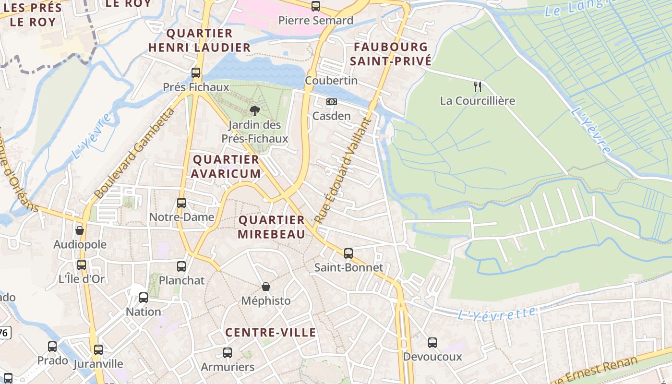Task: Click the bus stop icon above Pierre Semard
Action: [x=316, y=6]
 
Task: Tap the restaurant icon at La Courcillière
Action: [x=478, y=86]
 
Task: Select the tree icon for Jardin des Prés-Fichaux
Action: [x=255, y=111]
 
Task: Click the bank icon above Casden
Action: [x=332, y=102]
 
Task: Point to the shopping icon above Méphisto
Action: [x=266, y=287]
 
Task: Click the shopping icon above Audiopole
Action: [x=80, y=230]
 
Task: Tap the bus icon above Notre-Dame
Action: [x=181, y=203]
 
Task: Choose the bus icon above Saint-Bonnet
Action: [x=348, y=253]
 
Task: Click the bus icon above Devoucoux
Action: [x=432, y=343]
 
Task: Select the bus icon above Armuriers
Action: [x=228, y=353]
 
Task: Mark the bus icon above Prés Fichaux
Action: [x=196, y=73]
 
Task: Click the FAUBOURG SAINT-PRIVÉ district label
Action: [x=390, y=54]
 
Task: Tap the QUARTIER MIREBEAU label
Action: [x=272, y=227]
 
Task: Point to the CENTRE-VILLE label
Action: [x=271, y=332]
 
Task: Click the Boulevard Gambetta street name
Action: [x=134, y=154]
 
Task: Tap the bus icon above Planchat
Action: [x=181, y=266]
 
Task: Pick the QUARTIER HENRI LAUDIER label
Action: [x=199, y=40]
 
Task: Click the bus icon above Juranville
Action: [x=98, y=350]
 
